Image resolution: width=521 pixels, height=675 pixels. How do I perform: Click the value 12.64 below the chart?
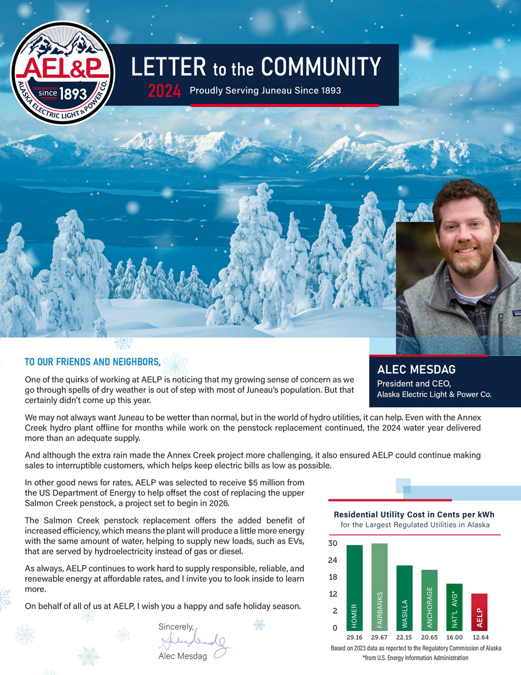click(479, 637)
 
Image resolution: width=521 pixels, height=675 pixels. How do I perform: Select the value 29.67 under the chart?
click(379, 637)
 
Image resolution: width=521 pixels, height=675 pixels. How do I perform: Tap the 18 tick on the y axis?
click(332, 577)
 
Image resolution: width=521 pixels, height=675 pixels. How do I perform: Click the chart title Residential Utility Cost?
click(414, 514)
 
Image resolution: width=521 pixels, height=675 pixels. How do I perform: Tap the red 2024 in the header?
click(164, 91)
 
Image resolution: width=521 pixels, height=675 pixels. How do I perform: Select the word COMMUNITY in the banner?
click(321, 67)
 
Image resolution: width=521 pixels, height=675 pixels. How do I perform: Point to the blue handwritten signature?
click(192, 641)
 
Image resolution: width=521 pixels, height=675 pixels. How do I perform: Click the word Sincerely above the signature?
click(176, 626)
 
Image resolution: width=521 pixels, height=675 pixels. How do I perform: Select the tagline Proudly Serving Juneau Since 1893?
click(265, 91)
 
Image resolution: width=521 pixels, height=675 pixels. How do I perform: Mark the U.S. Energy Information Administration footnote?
click(415, 658)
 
